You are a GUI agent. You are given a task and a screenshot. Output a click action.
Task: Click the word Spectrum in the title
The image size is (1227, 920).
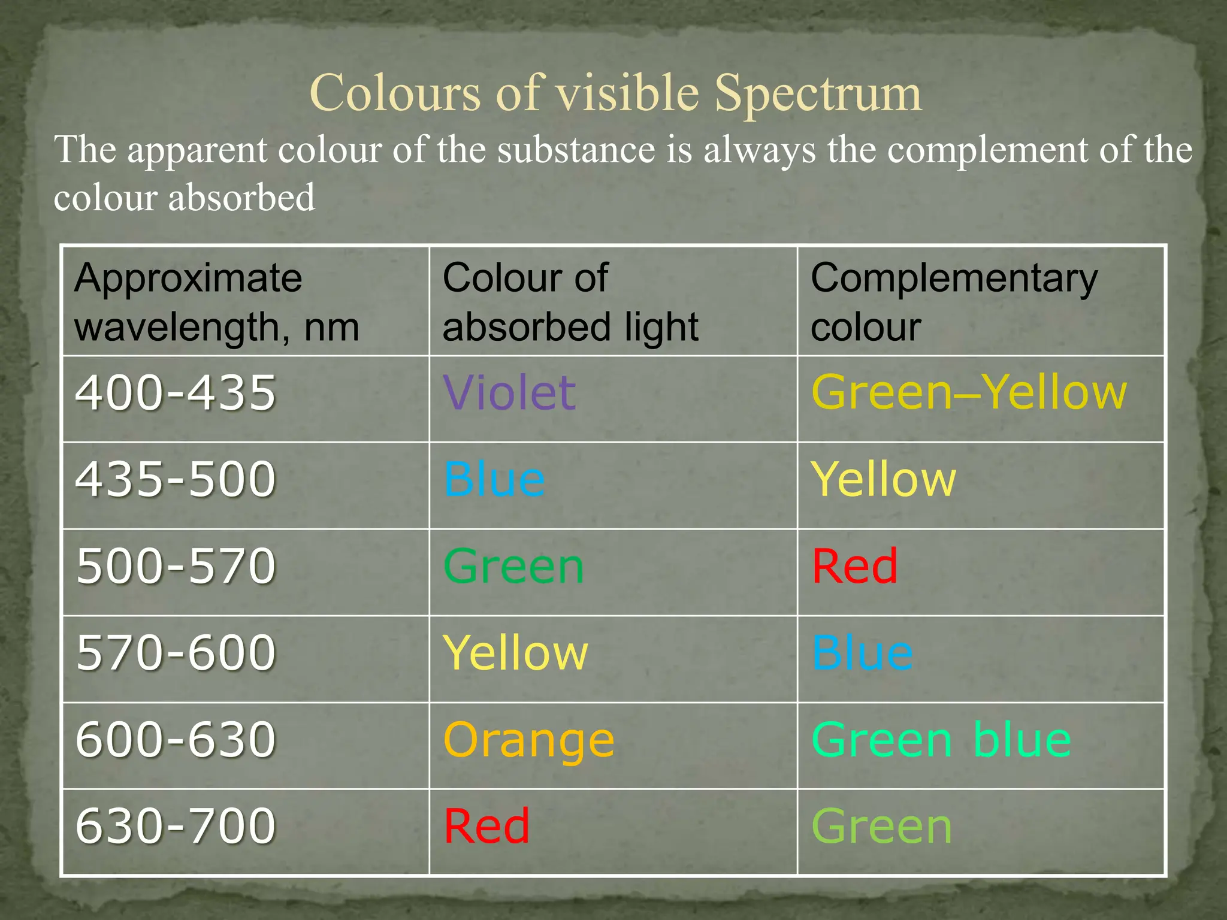click(x=818, y=95)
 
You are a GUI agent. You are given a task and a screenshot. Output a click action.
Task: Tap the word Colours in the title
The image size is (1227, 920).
click(x=395, y=93)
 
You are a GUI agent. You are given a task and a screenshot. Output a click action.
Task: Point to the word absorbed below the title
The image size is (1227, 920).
click(x=241, y=198)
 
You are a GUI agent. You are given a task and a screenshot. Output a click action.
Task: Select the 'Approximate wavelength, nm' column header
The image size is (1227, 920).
click(x=216, y=302)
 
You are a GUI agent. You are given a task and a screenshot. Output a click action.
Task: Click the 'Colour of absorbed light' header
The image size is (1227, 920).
click(x=570, y=302)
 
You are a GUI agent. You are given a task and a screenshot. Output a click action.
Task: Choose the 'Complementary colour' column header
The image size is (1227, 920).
click(x=954, y=302)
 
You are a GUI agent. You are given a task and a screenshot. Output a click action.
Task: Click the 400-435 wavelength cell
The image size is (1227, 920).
click(x=176, y=393)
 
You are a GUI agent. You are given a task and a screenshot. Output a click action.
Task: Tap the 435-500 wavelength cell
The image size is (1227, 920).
click(x=176, y=479)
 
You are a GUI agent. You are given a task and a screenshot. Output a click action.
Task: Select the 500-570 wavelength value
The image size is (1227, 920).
click(x=176, y=566)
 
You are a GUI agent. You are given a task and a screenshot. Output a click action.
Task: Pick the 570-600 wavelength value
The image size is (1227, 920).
click(x=176, y=652)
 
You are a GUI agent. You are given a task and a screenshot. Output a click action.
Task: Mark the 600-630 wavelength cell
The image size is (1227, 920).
click(x=176, y=740)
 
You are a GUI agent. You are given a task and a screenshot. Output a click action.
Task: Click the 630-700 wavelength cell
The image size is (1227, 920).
click(x=176, y=826)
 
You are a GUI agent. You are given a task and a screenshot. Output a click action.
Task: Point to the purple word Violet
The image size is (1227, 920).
click(x=509, y=393)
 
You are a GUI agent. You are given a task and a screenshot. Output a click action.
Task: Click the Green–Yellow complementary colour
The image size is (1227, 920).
click(x=969, y=393)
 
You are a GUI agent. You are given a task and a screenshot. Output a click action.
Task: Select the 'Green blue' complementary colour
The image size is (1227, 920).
click(x=941, y=740)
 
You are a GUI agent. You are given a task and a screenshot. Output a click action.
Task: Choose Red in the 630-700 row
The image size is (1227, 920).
click(x=486, y=826)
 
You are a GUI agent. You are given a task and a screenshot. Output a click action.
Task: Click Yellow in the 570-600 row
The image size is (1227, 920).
click(x=515, y=653)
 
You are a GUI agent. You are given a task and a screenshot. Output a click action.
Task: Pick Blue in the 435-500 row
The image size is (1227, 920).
click(x=494, y=479)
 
